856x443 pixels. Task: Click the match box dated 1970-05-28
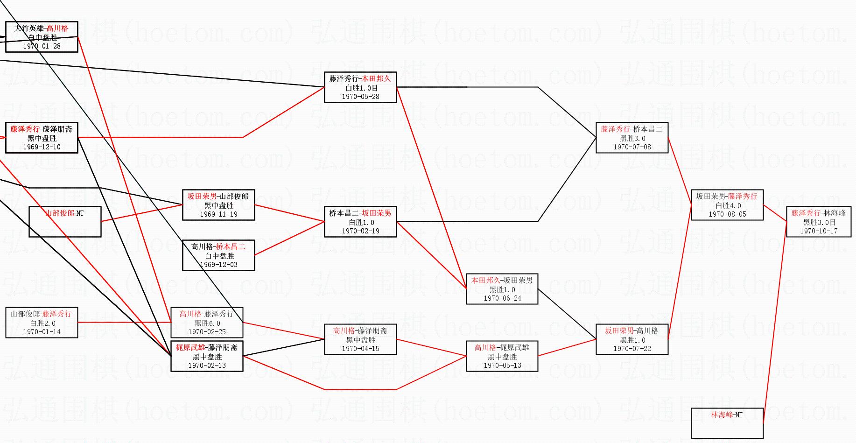(x=360, y=87)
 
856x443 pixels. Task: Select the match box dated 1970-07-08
(x=632, y=138)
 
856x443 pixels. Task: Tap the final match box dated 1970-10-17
(x=819, y=222)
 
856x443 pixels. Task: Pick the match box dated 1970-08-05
(x=727, y=205)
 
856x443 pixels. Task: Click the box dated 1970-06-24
(x=502, y=289)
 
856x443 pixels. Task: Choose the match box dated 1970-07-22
(x=632, y=339)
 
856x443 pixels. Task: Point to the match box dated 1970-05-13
(x=502, y=356)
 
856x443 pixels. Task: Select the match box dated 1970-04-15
(x=360, y=339)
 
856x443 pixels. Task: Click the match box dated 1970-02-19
(x=360, y=222)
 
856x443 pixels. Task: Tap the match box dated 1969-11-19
(x=218, y=205)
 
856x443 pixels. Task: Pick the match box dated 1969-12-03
(x=218, y=255)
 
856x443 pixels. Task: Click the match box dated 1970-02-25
(x=207, y=323)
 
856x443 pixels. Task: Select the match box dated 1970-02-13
(x=207, y=356)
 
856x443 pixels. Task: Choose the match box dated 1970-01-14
(x=42, y=323)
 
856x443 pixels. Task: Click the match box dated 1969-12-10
(x=42, y=138)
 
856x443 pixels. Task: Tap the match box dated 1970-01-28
(x=42, y=37)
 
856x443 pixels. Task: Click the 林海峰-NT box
(x=727, y=423)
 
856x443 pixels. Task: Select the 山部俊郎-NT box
(x=65, y=222)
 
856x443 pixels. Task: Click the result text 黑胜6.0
(x=207, y=323)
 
